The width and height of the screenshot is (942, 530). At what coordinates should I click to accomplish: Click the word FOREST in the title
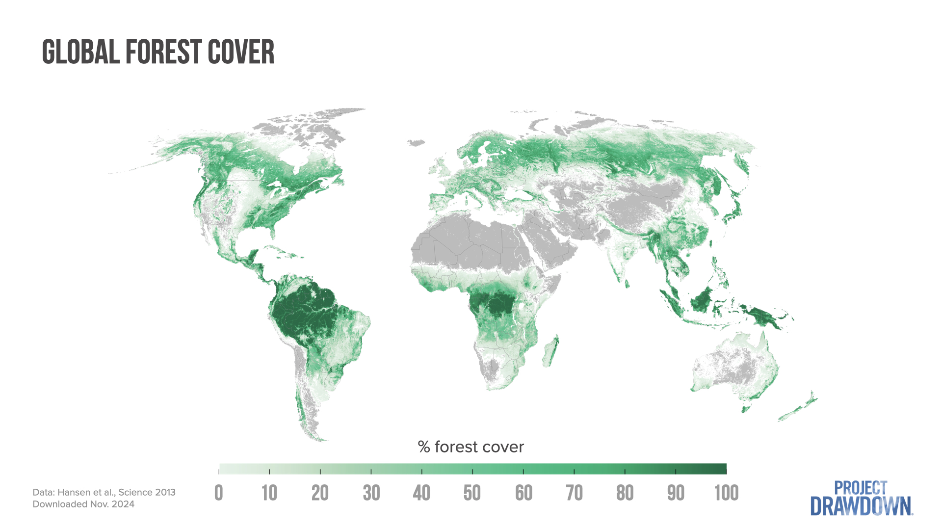164,52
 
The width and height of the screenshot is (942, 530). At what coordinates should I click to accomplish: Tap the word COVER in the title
241,52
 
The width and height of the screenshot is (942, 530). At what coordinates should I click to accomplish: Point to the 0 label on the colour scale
219,493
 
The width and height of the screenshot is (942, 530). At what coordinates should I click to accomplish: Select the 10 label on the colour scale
269,493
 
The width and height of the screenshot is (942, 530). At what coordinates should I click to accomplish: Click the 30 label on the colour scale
371,493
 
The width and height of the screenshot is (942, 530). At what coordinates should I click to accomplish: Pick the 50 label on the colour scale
472,493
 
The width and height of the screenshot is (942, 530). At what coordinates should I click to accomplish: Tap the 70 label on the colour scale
574,493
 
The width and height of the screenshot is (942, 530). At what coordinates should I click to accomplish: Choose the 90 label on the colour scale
676,493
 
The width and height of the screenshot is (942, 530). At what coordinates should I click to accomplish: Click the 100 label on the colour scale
726,493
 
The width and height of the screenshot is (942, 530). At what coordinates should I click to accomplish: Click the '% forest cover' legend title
471,447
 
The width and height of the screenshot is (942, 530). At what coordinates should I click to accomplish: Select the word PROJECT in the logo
861,488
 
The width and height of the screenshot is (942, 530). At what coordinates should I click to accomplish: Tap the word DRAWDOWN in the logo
861,506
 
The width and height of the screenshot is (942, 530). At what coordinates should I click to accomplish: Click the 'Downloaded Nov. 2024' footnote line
83,504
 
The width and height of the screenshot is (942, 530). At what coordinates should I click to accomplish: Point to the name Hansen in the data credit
74,492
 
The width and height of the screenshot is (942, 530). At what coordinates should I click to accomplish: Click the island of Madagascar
551,351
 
